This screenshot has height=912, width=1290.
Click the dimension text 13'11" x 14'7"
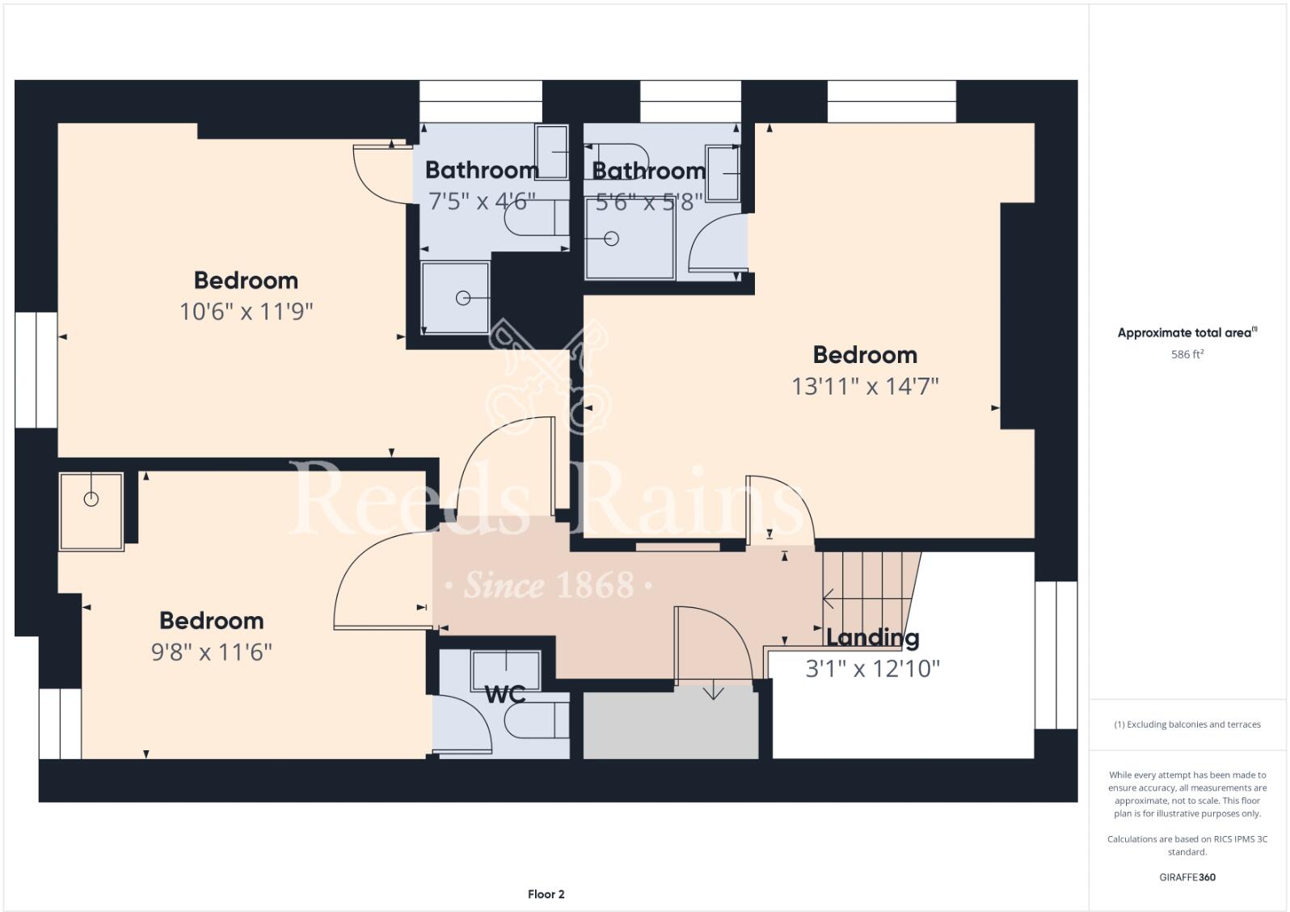pos(865,386)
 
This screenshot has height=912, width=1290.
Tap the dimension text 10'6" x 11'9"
pos(246,311)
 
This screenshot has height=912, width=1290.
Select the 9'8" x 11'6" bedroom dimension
pos(212,652)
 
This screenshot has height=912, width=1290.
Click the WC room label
pos(505,694)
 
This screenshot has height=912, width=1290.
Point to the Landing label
pos(872,638)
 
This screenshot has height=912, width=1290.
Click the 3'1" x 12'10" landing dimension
pos(872,669)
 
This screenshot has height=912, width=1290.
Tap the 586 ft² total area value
pos(1187,354)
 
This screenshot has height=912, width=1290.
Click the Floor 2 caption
pos(546,894)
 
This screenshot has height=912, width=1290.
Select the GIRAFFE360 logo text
pos(1187,877)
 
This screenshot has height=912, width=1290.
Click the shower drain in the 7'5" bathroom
pos(463,298)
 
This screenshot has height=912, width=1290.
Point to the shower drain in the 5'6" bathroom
pos(612,239)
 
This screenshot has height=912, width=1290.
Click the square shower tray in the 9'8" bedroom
pos(91,511)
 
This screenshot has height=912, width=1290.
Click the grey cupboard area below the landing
pos(670,725)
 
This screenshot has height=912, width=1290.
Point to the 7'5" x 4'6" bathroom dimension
pos(482,201)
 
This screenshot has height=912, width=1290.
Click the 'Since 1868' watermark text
pos(550,585)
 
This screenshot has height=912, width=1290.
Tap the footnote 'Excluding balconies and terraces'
pos(1187,724)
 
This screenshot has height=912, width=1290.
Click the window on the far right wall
pos(1056,655)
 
